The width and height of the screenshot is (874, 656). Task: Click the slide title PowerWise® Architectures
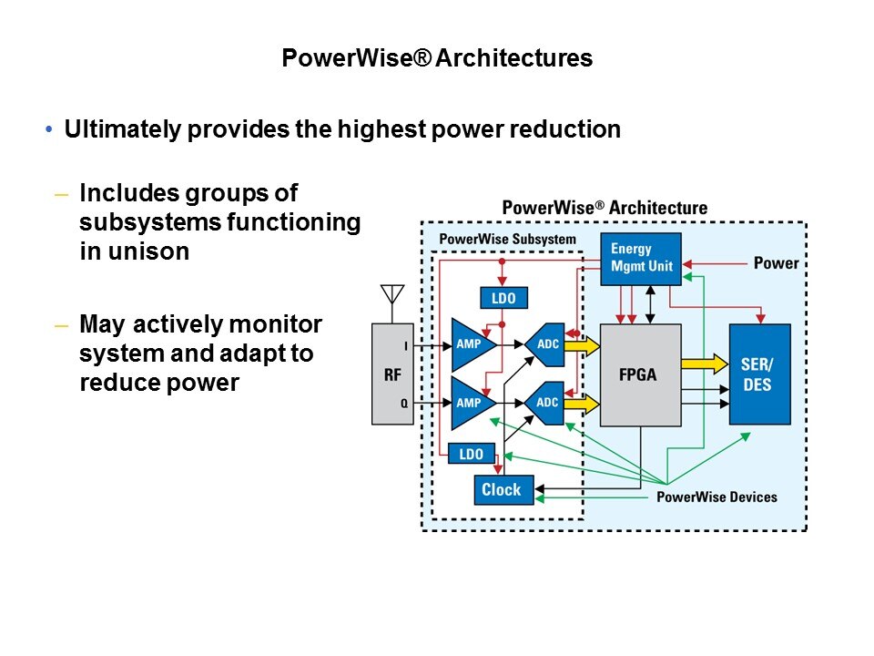point(437,58)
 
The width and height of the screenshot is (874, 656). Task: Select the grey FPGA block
point(640,374)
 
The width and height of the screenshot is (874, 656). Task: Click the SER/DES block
point(759,374)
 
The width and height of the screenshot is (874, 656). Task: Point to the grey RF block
point(392,373)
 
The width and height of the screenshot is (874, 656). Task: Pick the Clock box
point(503,490)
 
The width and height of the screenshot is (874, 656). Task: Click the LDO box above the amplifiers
point(503,298)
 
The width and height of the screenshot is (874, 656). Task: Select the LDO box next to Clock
point(472,454)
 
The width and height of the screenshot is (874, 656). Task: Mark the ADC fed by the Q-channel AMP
point(545,402)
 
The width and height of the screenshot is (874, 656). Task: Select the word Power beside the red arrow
point(776,263)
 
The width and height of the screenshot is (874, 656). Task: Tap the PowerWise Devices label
point(716,497)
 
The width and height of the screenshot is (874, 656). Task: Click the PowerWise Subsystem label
point(507,240)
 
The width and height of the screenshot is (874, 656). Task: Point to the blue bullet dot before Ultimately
point(49,130)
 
